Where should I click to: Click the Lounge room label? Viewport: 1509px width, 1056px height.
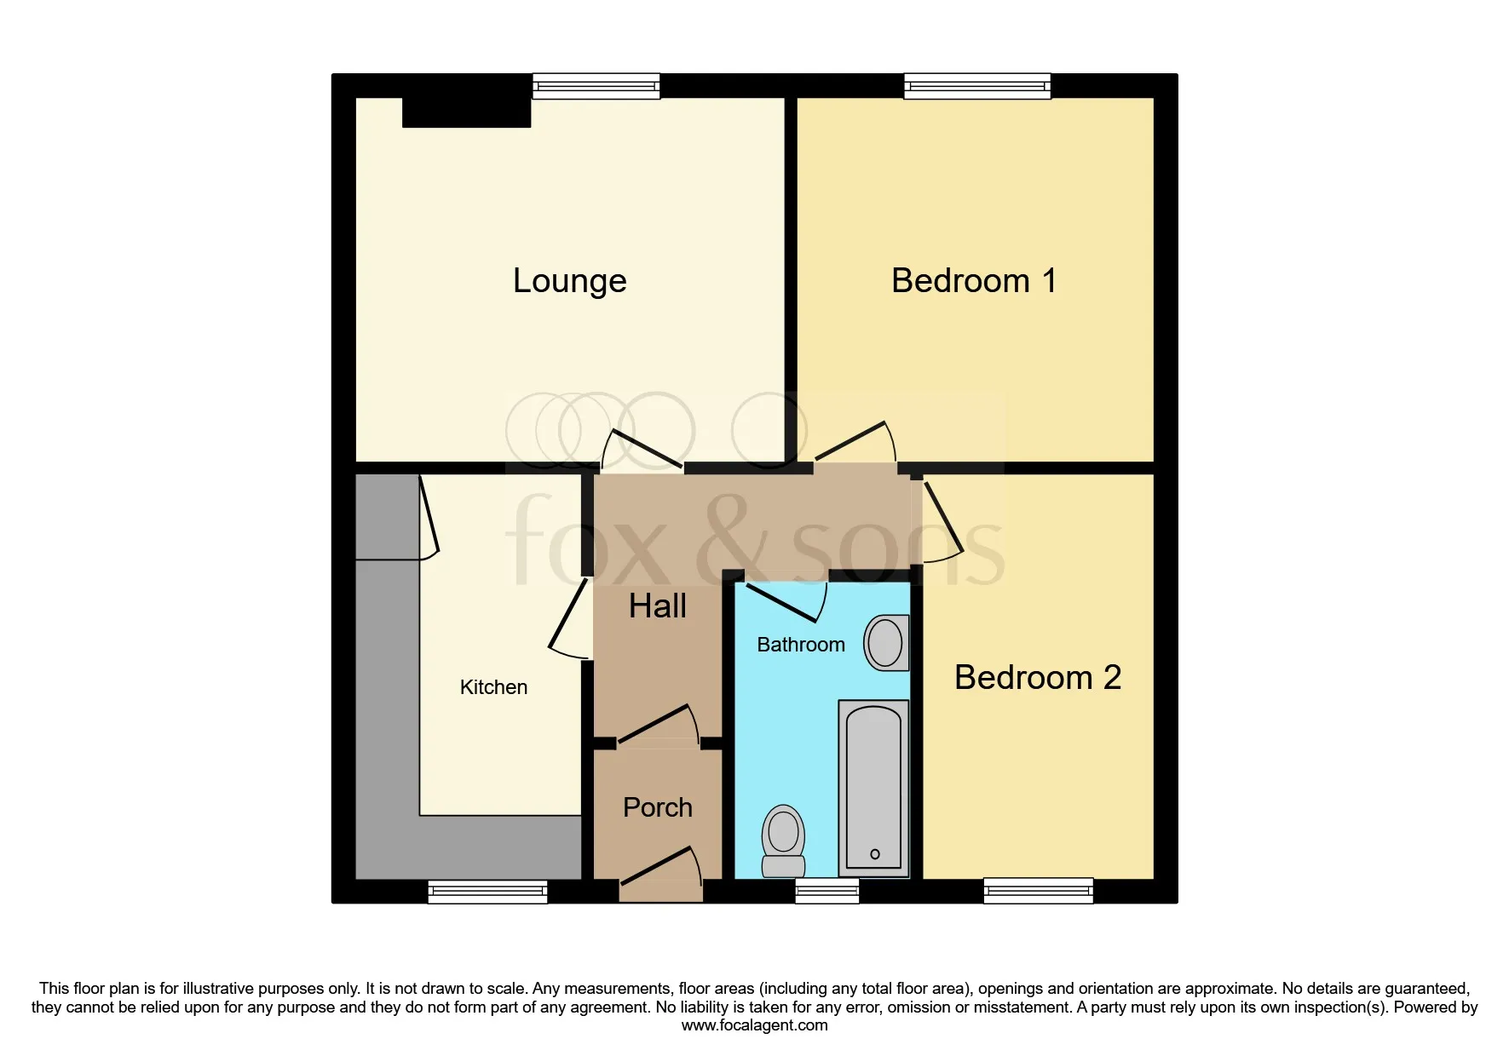click(569, 281)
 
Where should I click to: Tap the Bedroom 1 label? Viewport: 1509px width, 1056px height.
click(974, 281)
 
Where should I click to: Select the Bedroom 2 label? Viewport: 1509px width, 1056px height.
click(1038, 678)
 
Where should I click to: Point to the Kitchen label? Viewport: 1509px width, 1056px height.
click(493, 687)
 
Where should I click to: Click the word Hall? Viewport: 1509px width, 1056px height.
click(658, 606)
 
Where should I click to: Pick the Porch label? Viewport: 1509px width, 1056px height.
click(658, 807)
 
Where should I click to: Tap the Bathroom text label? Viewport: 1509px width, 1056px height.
click(801, 645)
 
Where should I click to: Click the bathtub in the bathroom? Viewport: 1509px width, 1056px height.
click(873, 789)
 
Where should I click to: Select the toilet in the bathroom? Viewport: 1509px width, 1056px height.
click(783, 841)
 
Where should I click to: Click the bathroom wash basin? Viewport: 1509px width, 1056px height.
click(886, 642)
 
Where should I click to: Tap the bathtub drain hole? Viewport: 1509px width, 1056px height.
click(875, 854)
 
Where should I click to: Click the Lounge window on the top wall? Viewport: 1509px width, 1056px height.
click(596, 86)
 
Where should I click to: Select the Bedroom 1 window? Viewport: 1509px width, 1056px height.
click(977, 86)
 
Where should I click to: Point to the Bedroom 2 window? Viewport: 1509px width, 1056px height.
click(1038, 891)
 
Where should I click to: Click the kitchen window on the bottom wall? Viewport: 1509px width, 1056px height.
click(487, 891)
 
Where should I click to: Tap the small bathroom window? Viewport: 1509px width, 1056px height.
click(827, 891)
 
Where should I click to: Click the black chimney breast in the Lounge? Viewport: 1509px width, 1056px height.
click(467, 112)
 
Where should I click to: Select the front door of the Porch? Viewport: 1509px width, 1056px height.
click(660, 867)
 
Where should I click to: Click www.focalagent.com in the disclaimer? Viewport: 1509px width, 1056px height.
click(754, 1025)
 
